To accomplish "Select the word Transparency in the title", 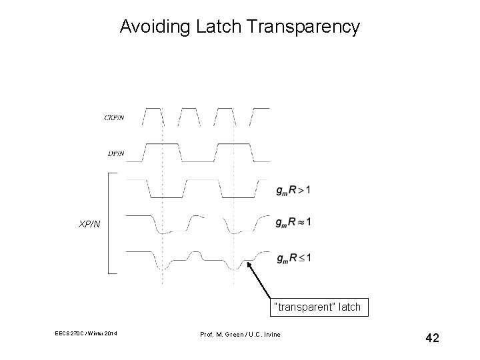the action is (304, 27).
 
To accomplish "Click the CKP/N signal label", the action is (114, 118).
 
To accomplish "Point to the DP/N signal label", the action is (115, 153).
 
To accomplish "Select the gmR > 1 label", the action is (293, 191).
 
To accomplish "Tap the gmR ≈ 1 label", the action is (293, 221).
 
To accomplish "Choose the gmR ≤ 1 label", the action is (293, 257).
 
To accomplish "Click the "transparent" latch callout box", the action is (317, 307).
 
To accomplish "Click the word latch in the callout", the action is (349, 307).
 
